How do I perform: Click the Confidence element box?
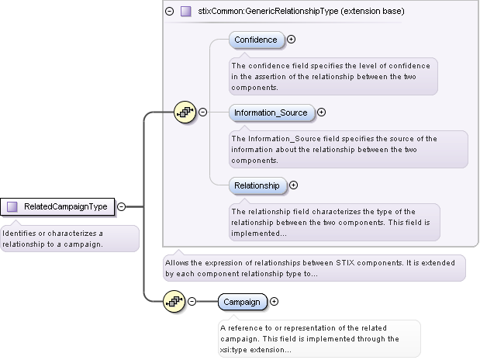point(256,40)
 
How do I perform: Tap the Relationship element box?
point(257,185)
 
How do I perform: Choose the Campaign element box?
point(242,302)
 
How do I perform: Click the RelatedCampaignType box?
point(59,206)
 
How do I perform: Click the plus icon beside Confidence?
point(292,40)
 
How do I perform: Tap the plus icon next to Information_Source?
point(322,112)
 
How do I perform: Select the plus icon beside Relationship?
point(293,185)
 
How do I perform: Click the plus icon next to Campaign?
point(274,302)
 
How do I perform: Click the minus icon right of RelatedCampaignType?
point(122,206)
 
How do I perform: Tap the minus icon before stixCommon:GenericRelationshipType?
point(170,12)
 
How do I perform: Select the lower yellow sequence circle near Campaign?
point(174,302)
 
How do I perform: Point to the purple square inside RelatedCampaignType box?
point(12,206)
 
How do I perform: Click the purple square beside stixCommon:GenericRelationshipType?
point(185,12)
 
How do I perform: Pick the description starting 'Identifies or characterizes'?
point(68,238)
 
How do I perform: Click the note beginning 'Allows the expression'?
point(313,268)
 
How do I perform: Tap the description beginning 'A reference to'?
point(319,338)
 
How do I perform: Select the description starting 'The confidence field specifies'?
point(333,76)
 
